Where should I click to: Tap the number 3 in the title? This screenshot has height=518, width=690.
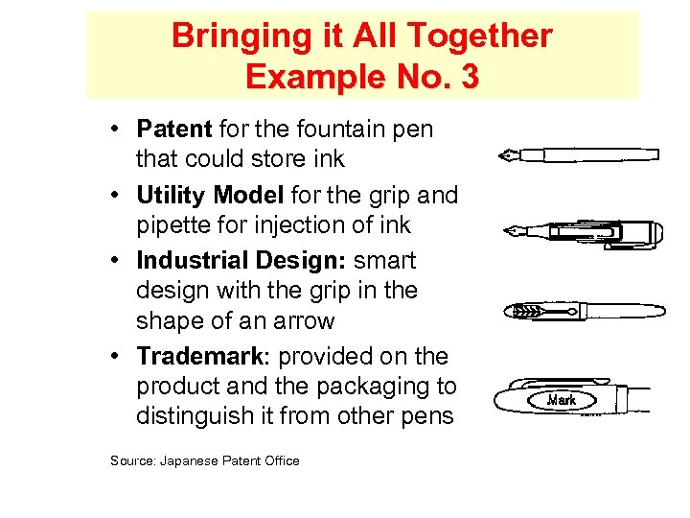[469, 77]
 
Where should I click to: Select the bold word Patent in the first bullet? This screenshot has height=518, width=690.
[175, 129]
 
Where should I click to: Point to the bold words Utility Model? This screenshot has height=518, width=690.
[210, 196]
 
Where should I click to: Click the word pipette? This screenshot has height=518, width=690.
[173, 225]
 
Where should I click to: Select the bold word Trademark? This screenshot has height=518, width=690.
[198, 356]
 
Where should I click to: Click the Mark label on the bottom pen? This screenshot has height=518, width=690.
[561, 399]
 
